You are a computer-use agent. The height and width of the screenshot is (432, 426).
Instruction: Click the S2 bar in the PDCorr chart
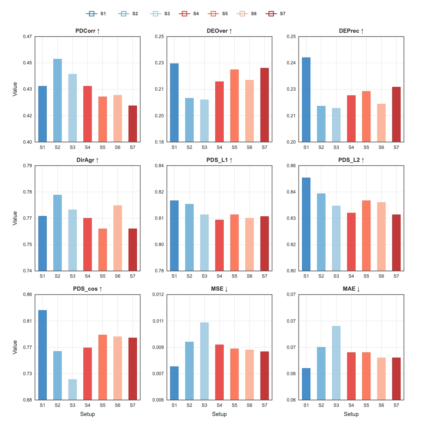point(57,101)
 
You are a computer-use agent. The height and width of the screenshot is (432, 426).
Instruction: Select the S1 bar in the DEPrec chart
point(306,100)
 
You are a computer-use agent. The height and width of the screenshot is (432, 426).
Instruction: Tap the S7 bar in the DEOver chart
point(265,105)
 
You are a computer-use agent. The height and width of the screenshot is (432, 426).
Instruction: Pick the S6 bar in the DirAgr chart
point(118,238)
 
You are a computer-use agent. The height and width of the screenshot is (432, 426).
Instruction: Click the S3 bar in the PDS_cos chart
point(73,390)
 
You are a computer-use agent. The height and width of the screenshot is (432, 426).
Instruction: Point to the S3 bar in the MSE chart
point(204,361)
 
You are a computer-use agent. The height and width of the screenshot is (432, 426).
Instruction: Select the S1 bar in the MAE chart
point(306,384)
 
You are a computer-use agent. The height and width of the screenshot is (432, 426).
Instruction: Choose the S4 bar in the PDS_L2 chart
point(351,242)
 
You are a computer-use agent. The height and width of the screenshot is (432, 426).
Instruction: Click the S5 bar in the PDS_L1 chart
point(235,243)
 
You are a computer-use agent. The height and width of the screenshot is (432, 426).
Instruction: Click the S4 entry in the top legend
point(189,13)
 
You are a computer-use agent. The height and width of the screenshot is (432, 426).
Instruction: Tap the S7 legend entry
point(275,13)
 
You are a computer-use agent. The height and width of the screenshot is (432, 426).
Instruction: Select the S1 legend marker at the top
point(92,13)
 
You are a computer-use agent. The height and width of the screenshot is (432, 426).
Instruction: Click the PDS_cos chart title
point(87,289)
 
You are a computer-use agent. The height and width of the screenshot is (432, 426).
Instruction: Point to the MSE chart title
point(219,289)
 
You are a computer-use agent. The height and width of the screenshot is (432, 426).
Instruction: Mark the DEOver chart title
point(219,31)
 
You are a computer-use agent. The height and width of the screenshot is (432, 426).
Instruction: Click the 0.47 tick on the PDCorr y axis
point(27,36)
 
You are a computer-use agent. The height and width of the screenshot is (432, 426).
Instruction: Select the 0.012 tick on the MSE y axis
point(158,294)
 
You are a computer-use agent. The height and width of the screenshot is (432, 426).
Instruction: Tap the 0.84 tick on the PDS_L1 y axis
point(159,166)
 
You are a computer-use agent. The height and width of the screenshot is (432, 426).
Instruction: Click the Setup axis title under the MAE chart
point(351,414)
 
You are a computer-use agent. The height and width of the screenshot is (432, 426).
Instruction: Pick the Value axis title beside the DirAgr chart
point(15,218)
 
